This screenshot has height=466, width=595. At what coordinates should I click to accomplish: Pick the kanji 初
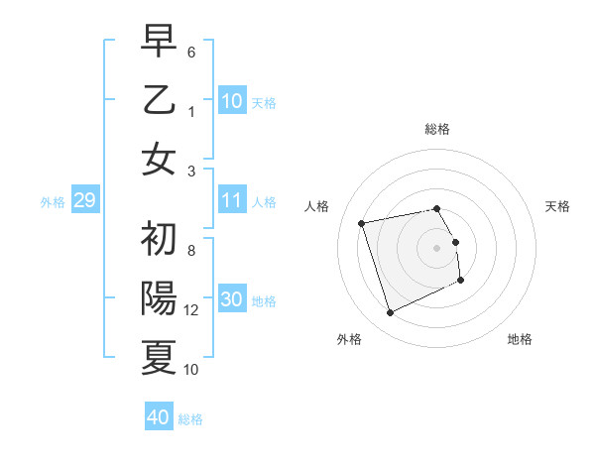159,238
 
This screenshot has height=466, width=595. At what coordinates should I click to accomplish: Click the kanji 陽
159,297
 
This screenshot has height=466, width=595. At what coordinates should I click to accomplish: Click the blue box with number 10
232,101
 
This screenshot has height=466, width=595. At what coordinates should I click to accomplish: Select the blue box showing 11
232,200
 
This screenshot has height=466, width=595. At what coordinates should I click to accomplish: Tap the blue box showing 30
232,300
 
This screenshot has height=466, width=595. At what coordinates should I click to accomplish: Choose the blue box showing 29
84,201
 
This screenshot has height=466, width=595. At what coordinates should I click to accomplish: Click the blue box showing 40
159,417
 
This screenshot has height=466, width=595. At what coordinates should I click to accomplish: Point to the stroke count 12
191,310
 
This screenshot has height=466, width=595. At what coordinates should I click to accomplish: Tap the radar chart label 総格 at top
436,129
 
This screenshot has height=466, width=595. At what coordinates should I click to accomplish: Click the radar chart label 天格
558,206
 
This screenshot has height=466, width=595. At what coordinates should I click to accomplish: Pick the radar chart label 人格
316,206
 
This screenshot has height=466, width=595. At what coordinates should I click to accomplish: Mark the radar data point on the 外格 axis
390,313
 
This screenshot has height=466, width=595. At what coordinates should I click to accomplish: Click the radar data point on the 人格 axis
362,222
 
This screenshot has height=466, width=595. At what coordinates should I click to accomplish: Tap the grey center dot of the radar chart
436,247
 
